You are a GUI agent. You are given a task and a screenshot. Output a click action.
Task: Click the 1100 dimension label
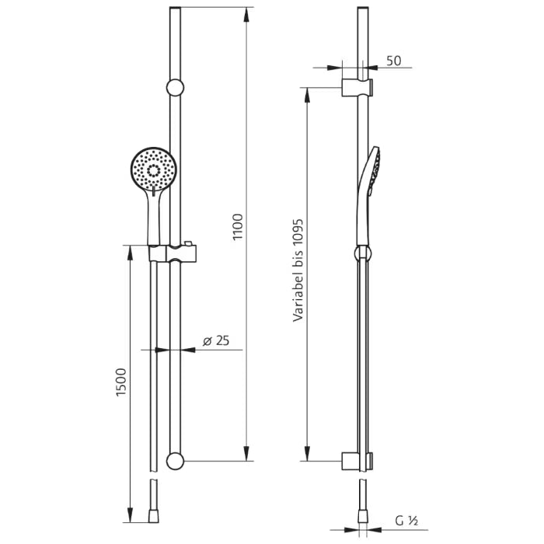click(x=239, y=226)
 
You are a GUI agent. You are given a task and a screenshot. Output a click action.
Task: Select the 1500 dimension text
click(x=120, y=382)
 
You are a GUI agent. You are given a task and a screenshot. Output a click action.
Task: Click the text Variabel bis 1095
click(x=297, y=269)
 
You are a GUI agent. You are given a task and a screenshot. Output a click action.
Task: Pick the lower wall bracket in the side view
click(x=357, y=461)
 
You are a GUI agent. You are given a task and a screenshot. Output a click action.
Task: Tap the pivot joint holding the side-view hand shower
click(x=361, y=252)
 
